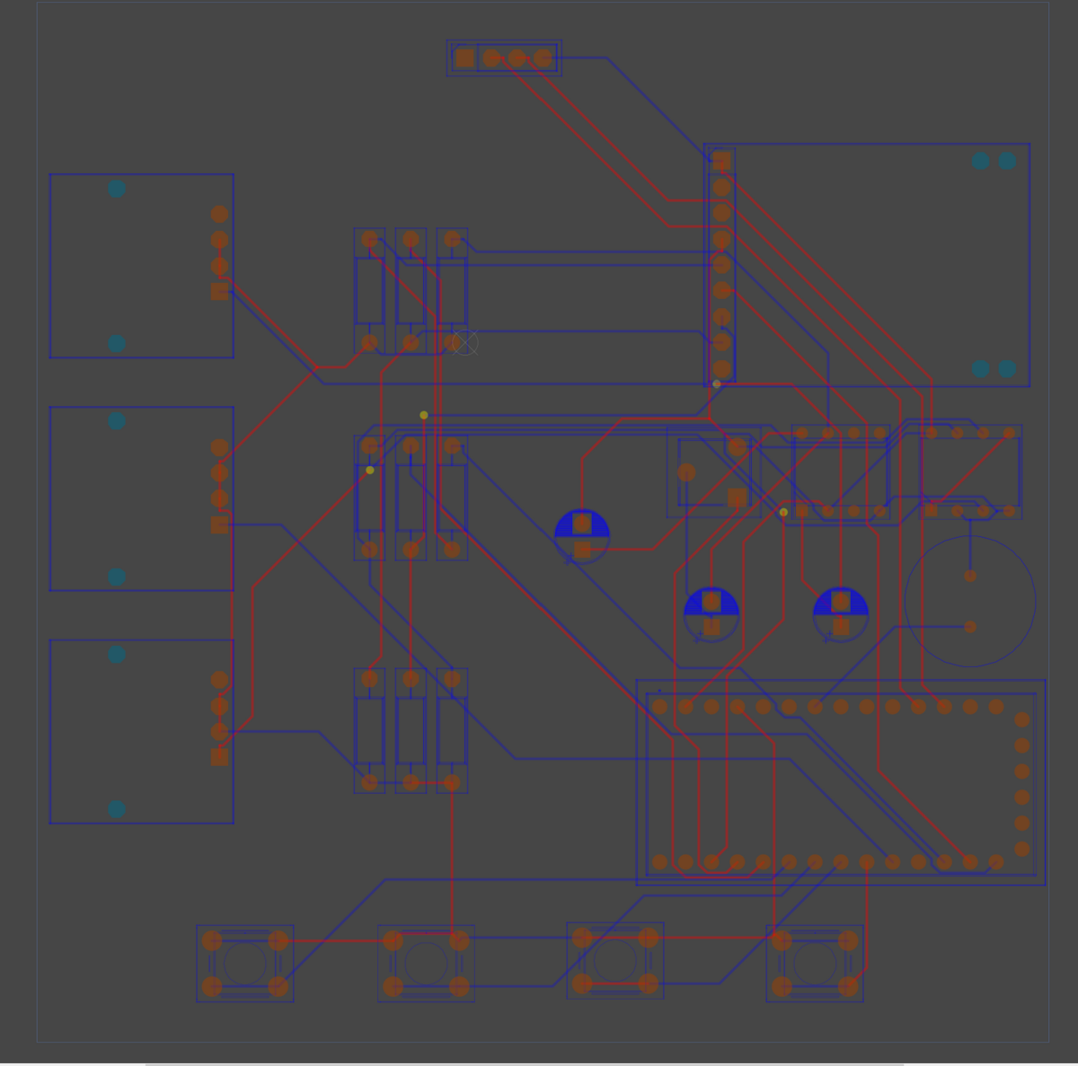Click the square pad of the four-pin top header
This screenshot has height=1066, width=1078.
[x=464, y=58]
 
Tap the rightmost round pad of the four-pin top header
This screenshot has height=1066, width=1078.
[x=543, y=58]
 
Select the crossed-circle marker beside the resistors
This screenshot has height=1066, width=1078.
[x=464, y=342]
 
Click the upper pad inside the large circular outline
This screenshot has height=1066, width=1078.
[x=970, y=576]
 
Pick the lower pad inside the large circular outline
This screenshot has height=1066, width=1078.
[x=970, y=627]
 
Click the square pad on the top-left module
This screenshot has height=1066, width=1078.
[x=219, y=291]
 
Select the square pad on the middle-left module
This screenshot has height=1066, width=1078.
[x=219, y=524]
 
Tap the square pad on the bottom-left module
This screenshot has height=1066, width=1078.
[x=219, y=757]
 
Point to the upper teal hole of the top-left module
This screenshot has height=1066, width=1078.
[x=117, y=189]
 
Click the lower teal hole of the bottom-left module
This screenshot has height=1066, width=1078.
[x=117, y=809]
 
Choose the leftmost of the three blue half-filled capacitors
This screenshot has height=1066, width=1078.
[x=582, y=536]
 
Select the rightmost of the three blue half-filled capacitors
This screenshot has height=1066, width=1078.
[x=841, y=614]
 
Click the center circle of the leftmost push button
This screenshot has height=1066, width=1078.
[x=244, y=964]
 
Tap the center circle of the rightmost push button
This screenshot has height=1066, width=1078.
[x=815, y=964]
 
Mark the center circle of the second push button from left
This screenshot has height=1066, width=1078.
[x=426, y=964]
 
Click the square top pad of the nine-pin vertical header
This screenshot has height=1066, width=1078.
[x=721, y=163]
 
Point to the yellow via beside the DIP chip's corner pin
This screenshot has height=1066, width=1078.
[x=783, y=512]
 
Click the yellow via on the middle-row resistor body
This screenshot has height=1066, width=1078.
[x=370, y=470]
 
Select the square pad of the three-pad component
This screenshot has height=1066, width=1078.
[x=737, y=498]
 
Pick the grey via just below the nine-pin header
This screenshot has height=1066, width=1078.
[x=717, y=384]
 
